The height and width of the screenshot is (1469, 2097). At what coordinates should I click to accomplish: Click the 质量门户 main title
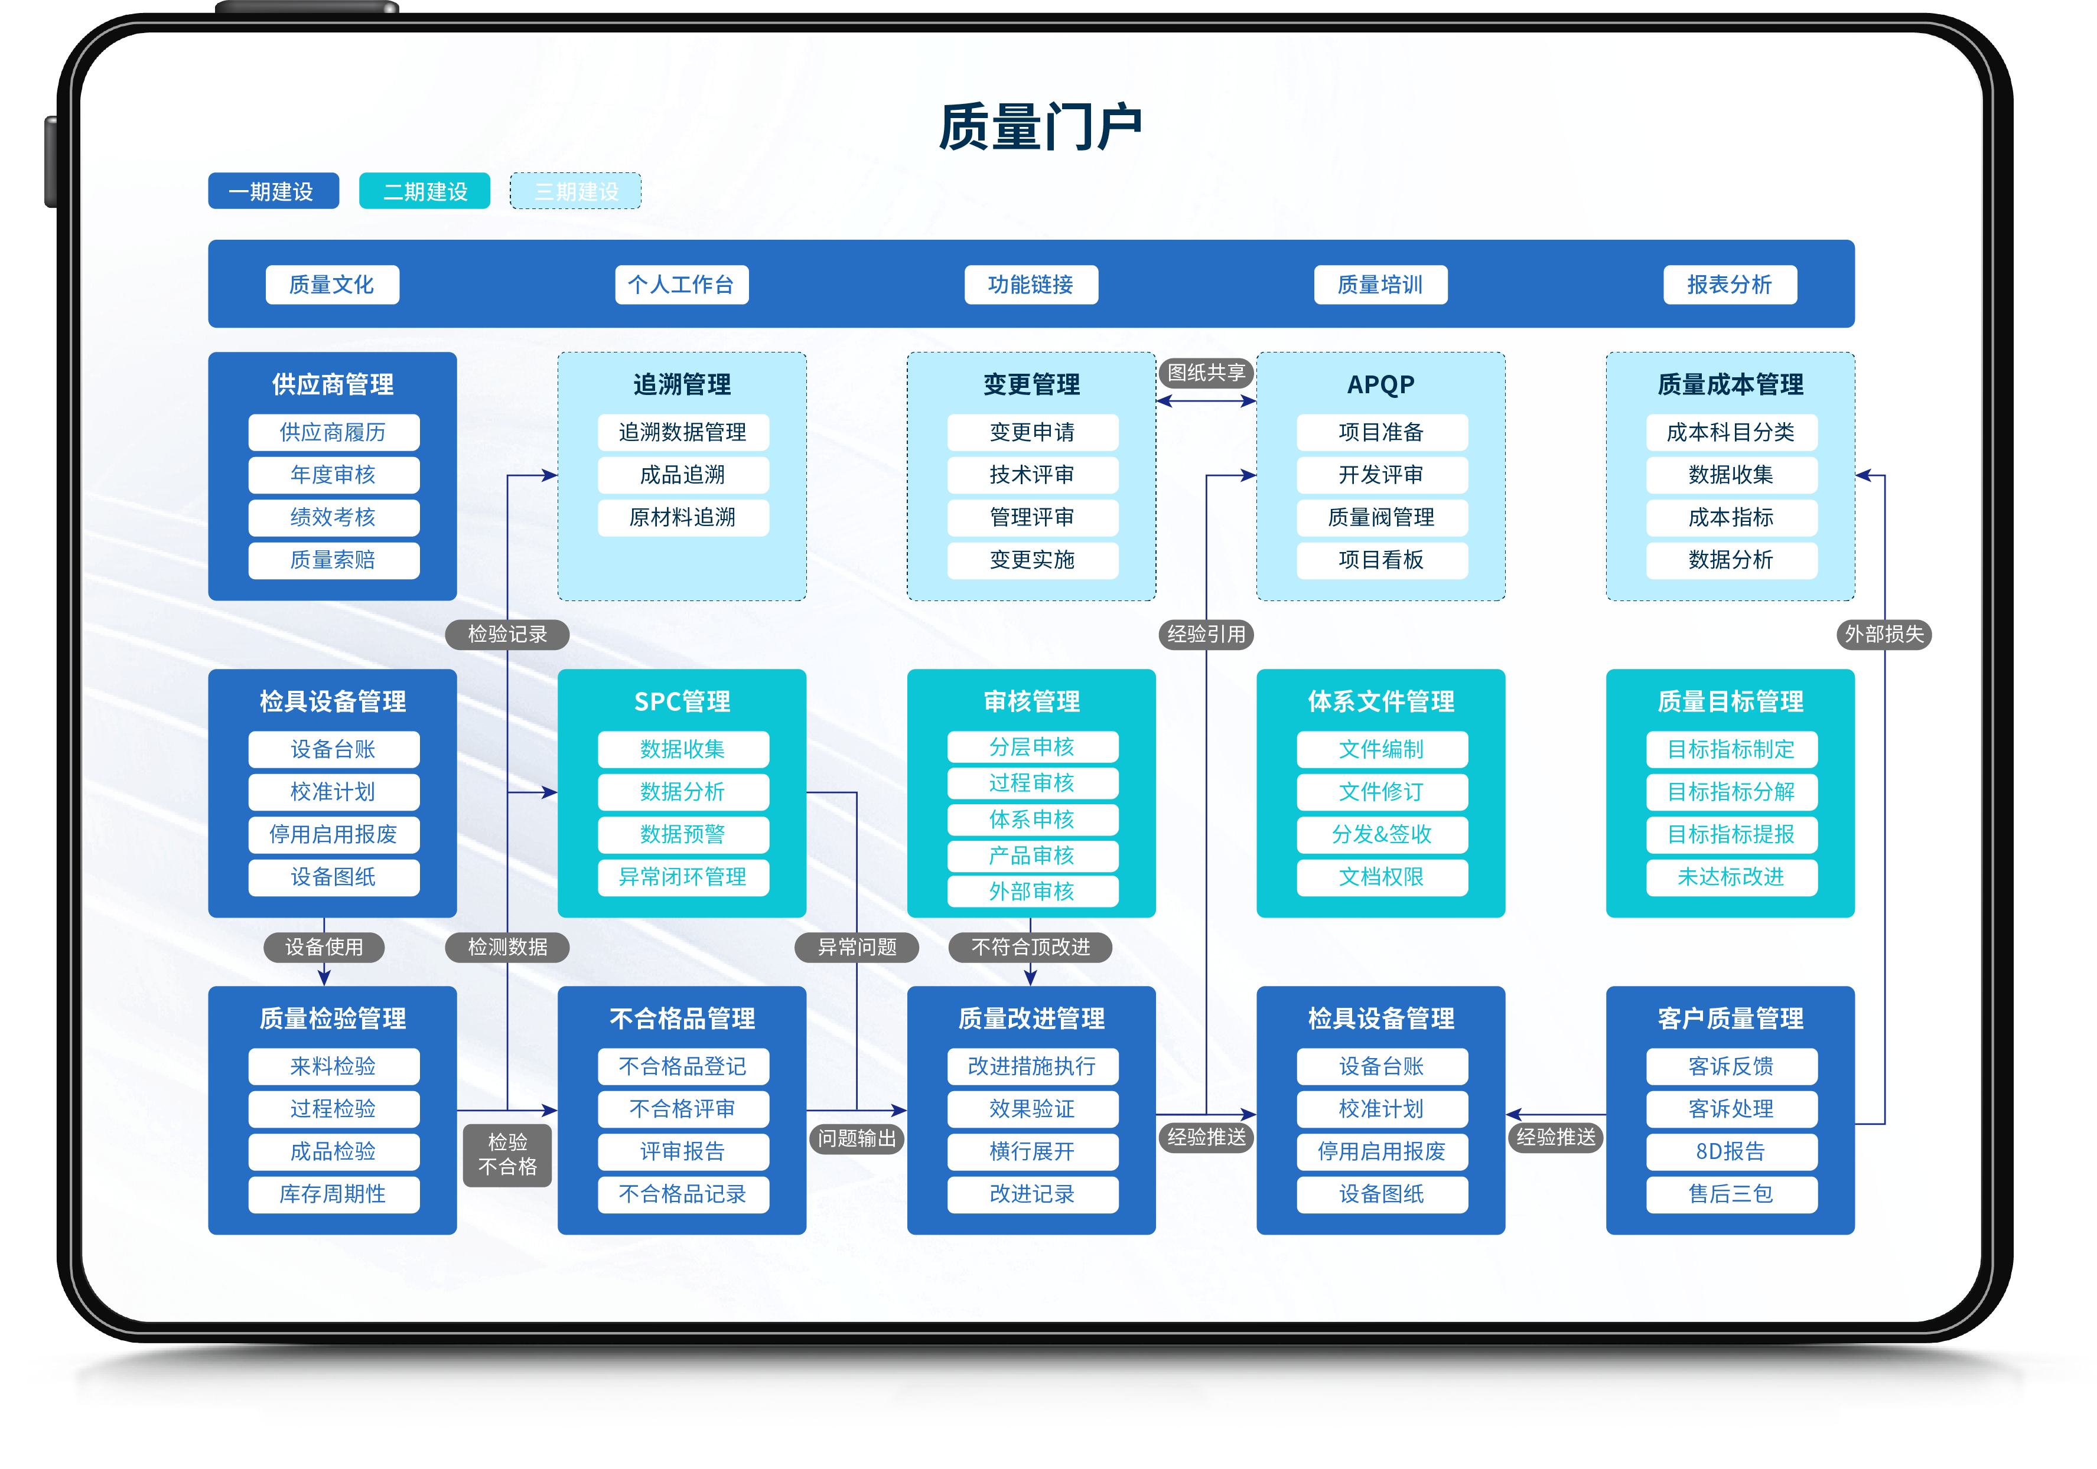[x=1040, y=127]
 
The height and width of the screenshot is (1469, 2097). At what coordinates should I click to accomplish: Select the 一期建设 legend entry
[x=273, y=191]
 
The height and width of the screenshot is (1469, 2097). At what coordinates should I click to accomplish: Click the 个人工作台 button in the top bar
[x=681, y=285]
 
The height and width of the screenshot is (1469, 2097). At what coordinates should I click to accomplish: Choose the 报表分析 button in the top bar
[x=1729, y=285]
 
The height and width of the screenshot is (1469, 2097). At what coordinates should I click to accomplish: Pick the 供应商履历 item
[x=333, y=432]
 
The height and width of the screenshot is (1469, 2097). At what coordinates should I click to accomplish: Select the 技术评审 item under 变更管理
[x=1032, y=475]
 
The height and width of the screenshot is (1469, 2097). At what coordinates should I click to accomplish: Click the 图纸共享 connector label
[x=1206, y=373]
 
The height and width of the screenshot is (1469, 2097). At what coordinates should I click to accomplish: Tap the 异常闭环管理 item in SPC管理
[x=682, y=876]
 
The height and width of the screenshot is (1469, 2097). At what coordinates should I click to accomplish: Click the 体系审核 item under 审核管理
[x=1032, y=819]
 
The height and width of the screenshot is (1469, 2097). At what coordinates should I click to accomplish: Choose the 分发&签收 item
[x=1381, y=834]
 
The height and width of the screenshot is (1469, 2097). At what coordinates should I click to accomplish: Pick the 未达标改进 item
[x=1731, y=876]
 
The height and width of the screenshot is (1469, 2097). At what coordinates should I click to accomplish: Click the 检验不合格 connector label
[x=508, y=1154]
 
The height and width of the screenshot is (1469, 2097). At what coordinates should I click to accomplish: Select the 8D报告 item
[x=1731, y=1151]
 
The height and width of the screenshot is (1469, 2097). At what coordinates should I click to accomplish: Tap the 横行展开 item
[x=1032, y=1151]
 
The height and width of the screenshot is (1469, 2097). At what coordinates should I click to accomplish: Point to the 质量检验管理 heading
[x=333, y=1018]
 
